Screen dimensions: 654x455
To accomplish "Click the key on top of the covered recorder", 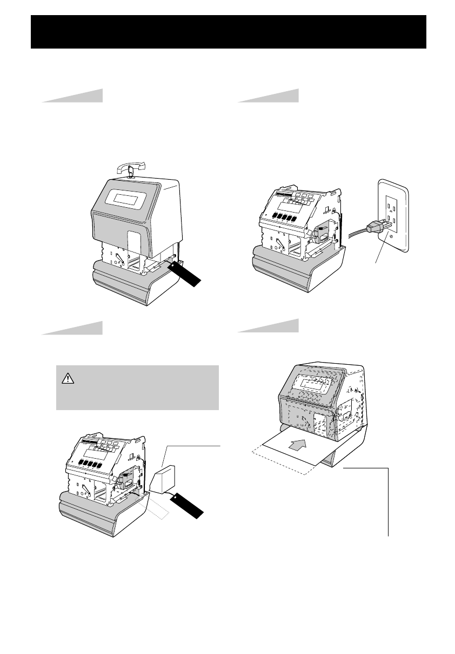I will [130, 171].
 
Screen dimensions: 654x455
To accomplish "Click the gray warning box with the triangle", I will [137, 387].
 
